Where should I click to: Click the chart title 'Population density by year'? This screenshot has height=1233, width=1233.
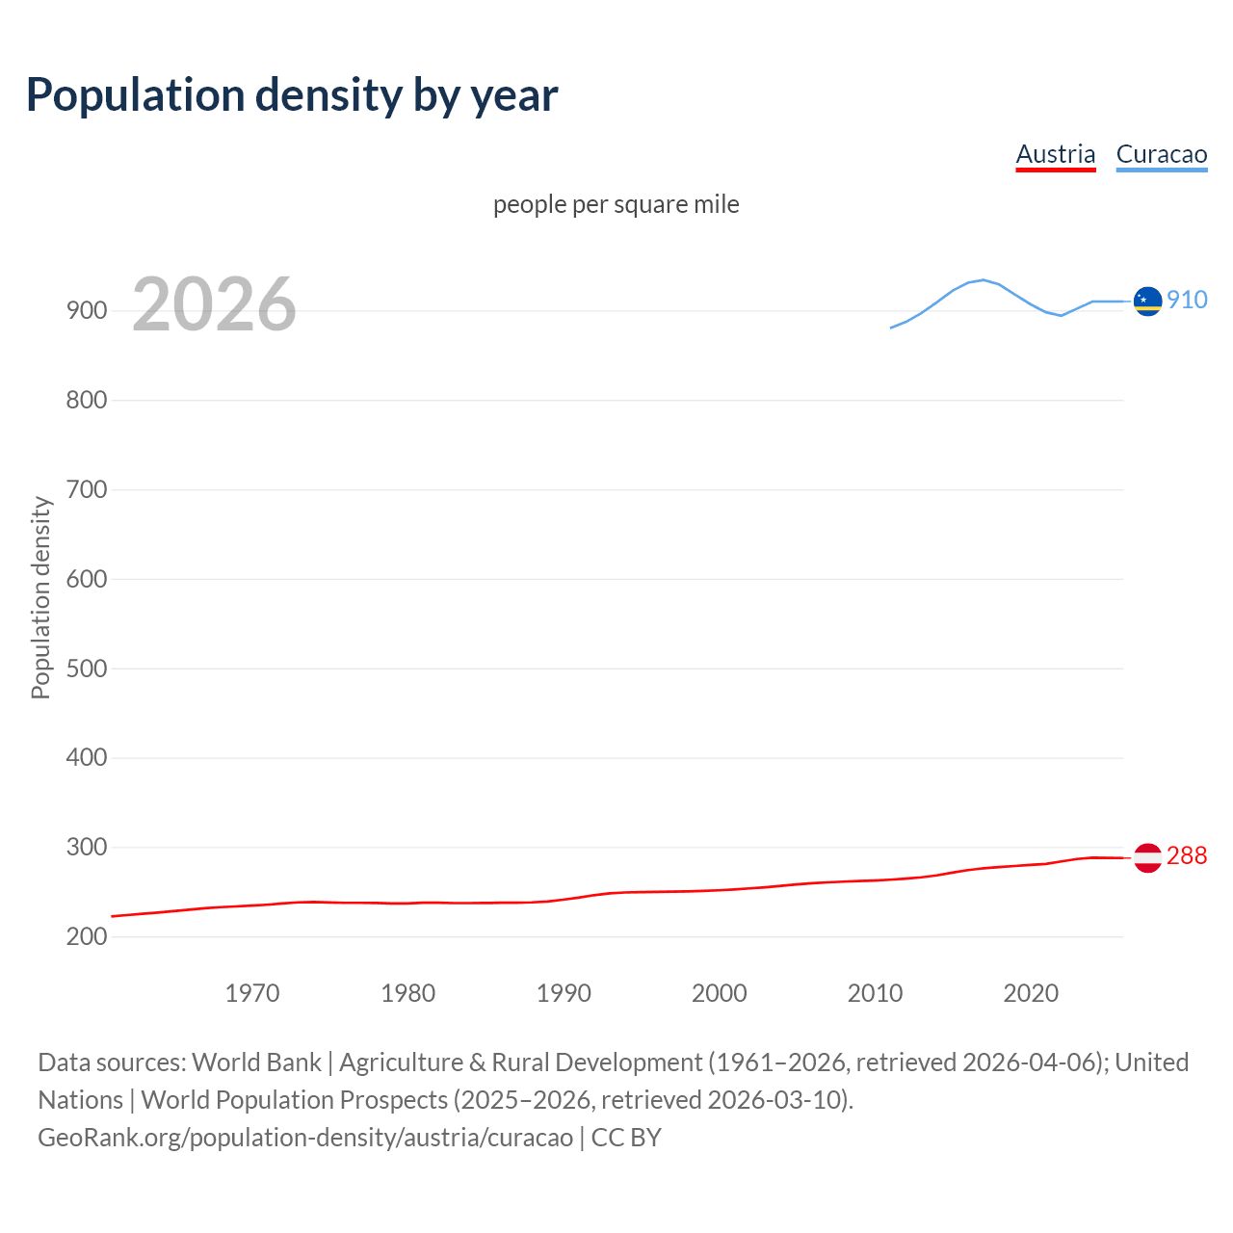292,95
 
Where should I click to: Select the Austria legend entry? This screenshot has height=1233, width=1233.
1056,154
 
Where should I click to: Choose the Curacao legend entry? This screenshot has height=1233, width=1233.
1161,154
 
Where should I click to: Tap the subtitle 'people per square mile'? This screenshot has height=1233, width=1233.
616,204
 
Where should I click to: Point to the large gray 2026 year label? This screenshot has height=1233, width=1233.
214,304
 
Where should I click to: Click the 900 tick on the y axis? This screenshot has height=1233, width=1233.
86,310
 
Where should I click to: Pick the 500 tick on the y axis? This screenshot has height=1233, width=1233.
86,669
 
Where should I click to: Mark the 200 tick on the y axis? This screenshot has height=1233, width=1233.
86,936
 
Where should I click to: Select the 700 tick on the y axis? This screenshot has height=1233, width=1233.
86,489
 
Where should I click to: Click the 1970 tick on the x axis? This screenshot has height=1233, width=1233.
252,993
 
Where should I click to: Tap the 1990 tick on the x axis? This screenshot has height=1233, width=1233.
564,993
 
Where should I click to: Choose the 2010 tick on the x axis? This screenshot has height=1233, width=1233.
875,993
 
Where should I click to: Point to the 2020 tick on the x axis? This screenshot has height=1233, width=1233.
1031,993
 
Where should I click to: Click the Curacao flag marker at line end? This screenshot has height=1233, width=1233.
1147,302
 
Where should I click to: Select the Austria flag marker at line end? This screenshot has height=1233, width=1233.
1147,857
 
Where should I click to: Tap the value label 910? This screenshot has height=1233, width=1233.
1187,300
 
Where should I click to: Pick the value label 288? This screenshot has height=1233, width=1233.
1187,855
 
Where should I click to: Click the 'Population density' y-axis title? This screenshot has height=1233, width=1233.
40,597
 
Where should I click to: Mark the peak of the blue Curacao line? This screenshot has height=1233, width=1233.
983,279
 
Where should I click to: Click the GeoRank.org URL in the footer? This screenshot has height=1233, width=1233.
305,1137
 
